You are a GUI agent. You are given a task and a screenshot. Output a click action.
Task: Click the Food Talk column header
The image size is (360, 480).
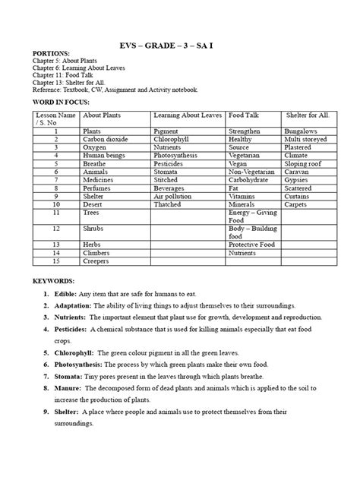245,115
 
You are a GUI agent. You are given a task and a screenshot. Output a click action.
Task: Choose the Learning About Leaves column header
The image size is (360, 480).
187,115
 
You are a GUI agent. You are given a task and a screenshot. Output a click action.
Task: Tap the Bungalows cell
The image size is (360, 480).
300,131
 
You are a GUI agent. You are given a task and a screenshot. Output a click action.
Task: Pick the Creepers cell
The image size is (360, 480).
96,261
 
